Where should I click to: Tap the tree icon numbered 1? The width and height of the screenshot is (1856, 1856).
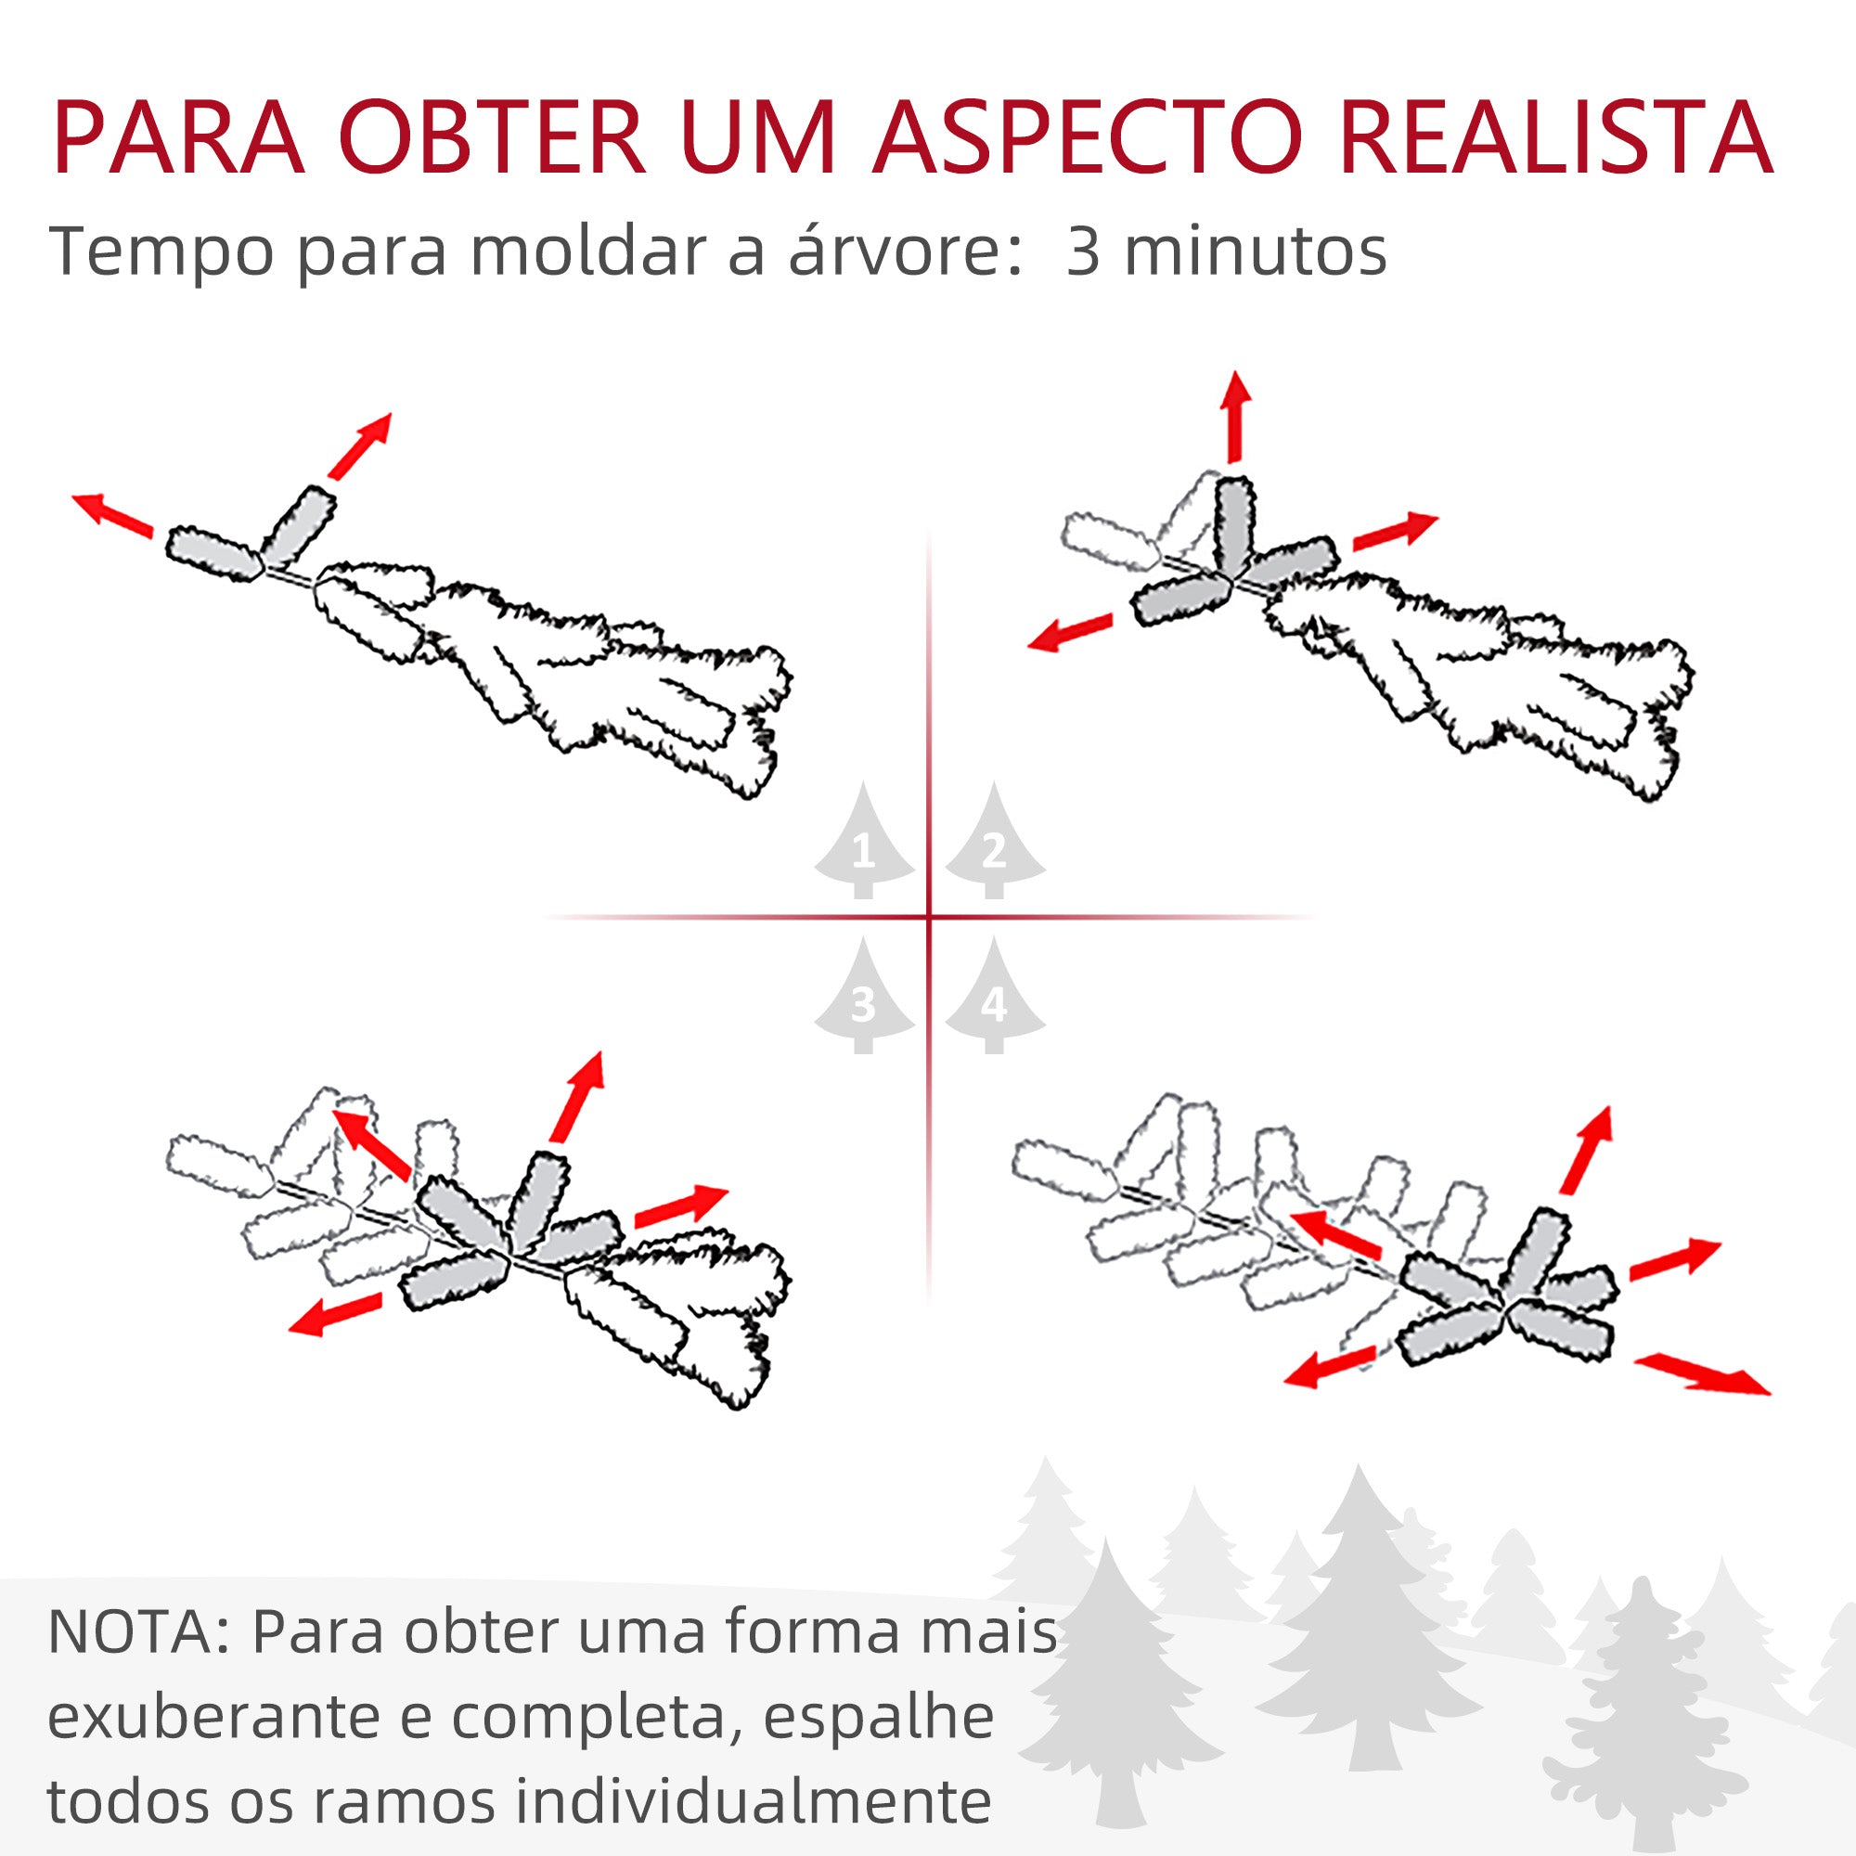pos(864,844)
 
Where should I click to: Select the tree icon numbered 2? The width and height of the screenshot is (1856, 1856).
pos(994,844)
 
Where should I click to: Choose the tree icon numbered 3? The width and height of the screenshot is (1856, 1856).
pos(864,999)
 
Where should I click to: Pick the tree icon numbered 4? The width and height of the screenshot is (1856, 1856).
pos(994,999)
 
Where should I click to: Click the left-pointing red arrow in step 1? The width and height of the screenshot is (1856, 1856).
pos(112,513)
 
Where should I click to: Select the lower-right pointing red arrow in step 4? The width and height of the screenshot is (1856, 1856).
pos(1700,1373)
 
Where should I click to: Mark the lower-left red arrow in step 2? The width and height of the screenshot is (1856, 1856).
pos(1069,632)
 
